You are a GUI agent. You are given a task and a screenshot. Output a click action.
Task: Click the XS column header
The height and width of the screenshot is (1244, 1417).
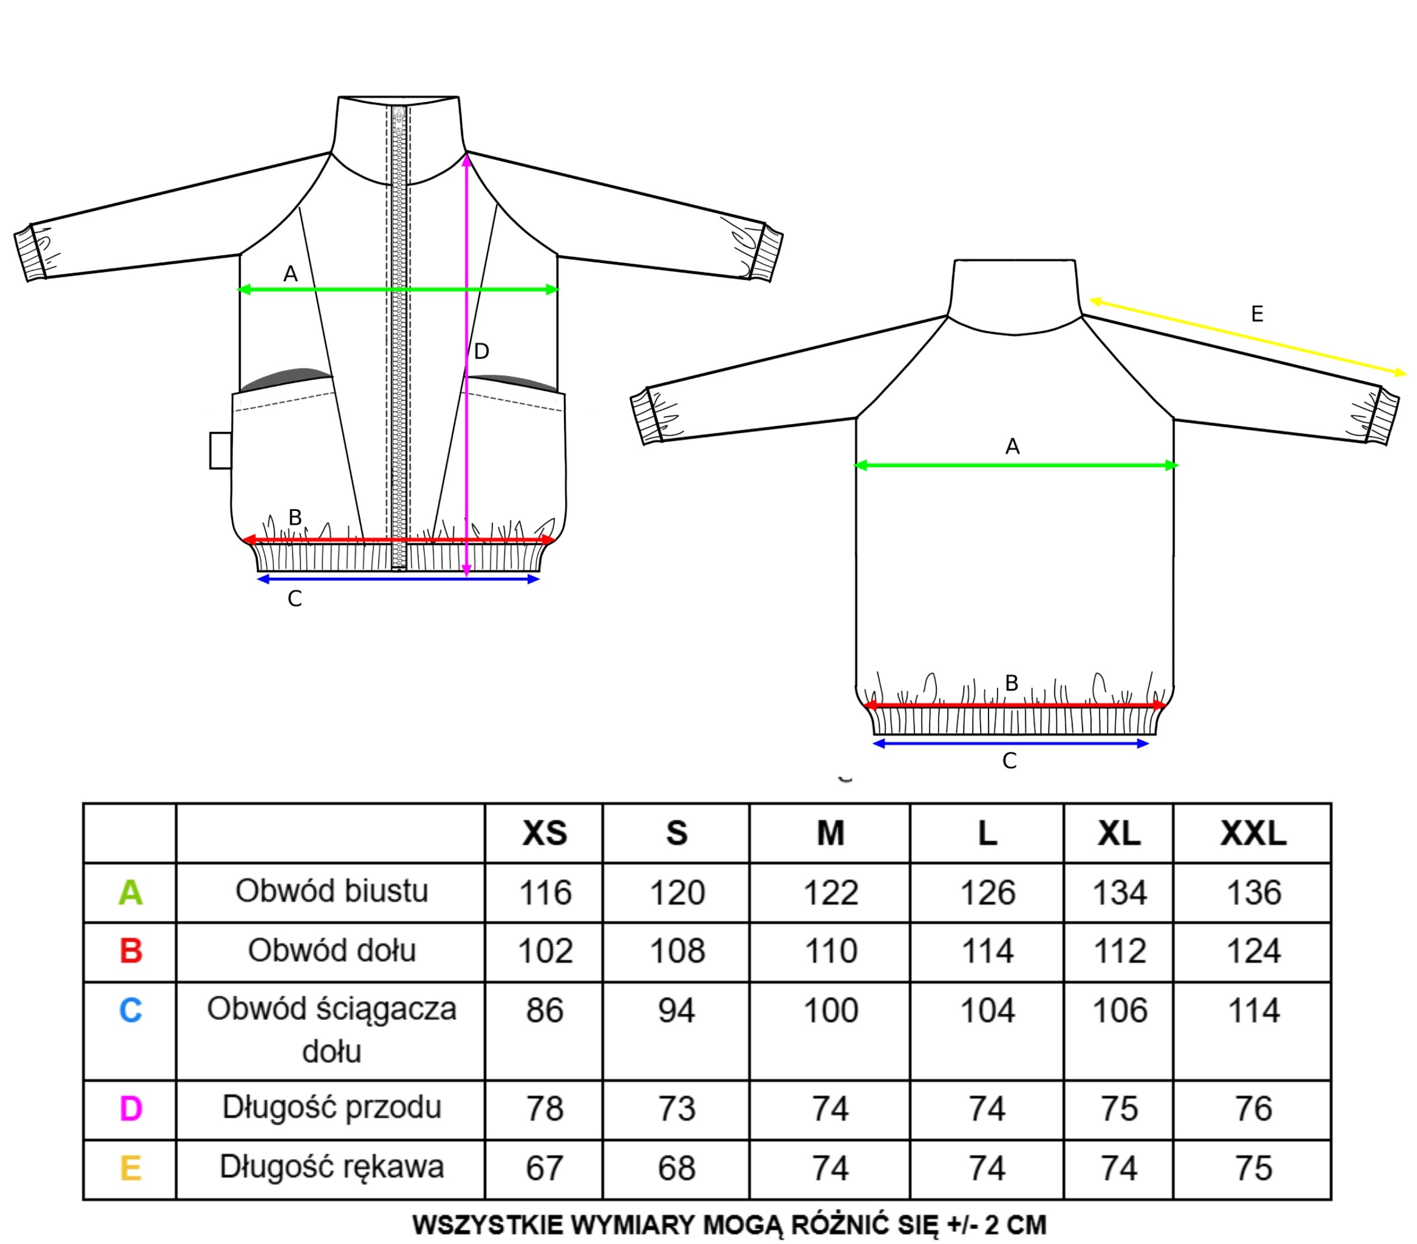pyautogui.click(x=544, y=833)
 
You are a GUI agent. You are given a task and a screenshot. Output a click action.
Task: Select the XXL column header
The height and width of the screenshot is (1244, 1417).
pyautogui.click(x=1253, y=833)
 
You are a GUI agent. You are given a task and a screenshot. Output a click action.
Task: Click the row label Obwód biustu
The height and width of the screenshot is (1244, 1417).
pyautogui.click(x=332, y=891)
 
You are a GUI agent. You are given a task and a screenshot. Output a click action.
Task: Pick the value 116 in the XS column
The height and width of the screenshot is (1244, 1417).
pyautogui.click(x=545, y=892)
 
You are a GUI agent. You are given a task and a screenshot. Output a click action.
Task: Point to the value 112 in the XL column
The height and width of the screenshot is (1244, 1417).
pyautogui.click(x=1119, y=951)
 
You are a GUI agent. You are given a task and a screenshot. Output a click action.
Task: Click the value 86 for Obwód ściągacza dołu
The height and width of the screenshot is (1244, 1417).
pyautogui.click(x=544, y=1010)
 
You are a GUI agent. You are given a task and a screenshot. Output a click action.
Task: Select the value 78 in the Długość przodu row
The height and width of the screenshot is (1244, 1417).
pyautogui.click(x=544, y=1109)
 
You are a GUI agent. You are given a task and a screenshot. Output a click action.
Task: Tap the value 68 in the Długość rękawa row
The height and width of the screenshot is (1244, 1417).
pyautogui.click(x=677, y=1169)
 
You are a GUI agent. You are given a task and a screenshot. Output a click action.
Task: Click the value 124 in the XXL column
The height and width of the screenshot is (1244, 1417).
pyautogui.click(x=1253, y=951)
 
